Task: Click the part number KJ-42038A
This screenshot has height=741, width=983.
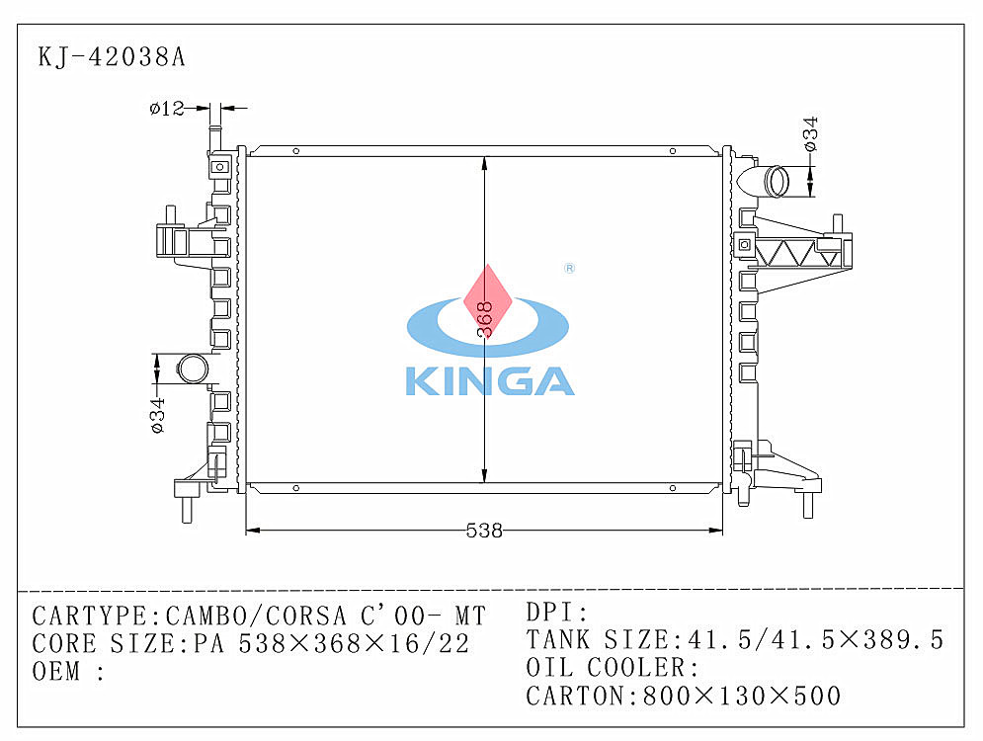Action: [x=112, y=57]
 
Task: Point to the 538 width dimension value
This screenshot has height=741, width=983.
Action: [x=484, y=531]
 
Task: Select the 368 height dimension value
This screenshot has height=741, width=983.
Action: [x=485, y=320]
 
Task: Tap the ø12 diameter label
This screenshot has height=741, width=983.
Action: [x=167, y=109]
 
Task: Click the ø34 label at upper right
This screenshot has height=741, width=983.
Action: [x=810, y=133]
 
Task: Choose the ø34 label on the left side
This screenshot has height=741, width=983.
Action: [x=157, y=415]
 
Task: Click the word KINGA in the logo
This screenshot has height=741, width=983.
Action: [x=490, y=381]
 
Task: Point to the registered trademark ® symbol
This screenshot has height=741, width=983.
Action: [x=569, y=269]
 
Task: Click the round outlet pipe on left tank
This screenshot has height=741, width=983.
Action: [x=193, y=370]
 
